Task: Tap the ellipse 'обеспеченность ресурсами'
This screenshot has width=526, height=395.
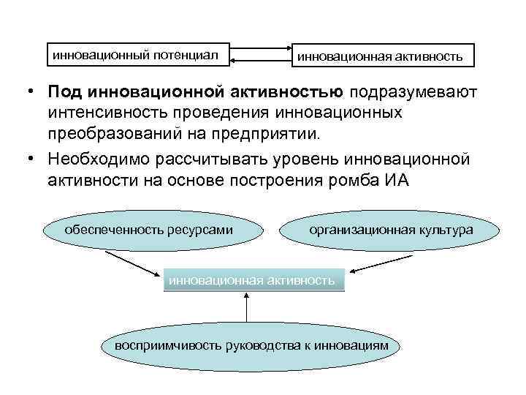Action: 149,230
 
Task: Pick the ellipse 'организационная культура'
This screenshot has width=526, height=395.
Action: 391,230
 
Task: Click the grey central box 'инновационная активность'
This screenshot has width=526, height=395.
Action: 253,279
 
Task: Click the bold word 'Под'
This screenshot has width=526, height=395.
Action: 65,93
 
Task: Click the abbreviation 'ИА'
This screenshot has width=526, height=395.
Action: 398,181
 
